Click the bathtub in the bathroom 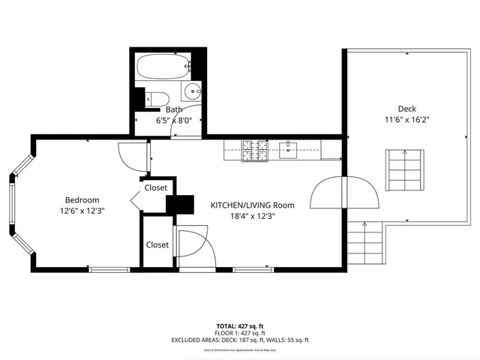click(x=163, y=67)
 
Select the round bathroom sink click(x=192, y=94)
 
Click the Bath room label click(x=173, y=109)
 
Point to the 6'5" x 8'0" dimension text click(x=173, y=120)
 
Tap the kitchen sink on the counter click(x=288, y=148)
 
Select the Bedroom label click(x=82, y=200)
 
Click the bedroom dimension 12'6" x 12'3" click(x=82, y=211)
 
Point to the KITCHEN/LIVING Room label click(x=252, y=205)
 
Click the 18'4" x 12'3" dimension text click(x=252, y=216)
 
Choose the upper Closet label click(x=156, y=187)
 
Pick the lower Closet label click(x=157, y=244)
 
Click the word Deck click(x=406, y=109)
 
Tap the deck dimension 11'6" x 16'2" click(x=406, y=120)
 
